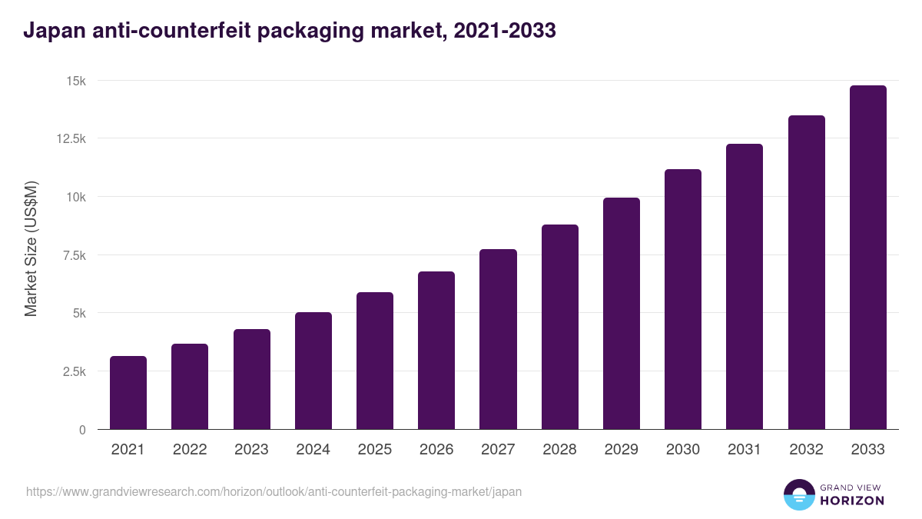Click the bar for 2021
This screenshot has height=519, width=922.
[128, 393]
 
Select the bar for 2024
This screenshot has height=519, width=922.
[313, 371]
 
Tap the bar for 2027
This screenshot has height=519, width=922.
[498, 339]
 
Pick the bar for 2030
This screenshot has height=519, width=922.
[683, 299]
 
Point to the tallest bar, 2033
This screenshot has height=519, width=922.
[867, 258]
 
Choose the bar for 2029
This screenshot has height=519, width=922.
[621, 314]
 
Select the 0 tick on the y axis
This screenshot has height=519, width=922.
[81, 430]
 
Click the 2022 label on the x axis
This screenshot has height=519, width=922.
[190, 450]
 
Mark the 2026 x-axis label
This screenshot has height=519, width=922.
[436, 450]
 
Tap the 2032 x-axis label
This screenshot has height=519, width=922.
[806, 450]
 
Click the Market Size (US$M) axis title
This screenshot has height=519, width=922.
[31, 249]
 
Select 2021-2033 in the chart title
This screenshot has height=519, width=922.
[505, 32]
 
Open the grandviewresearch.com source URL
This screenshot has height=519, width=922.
[274, 491]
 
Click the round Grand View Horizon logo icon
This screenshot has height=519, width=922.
[799, 494]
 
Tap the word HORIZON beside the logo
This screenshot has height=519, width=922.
[852, 501]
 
